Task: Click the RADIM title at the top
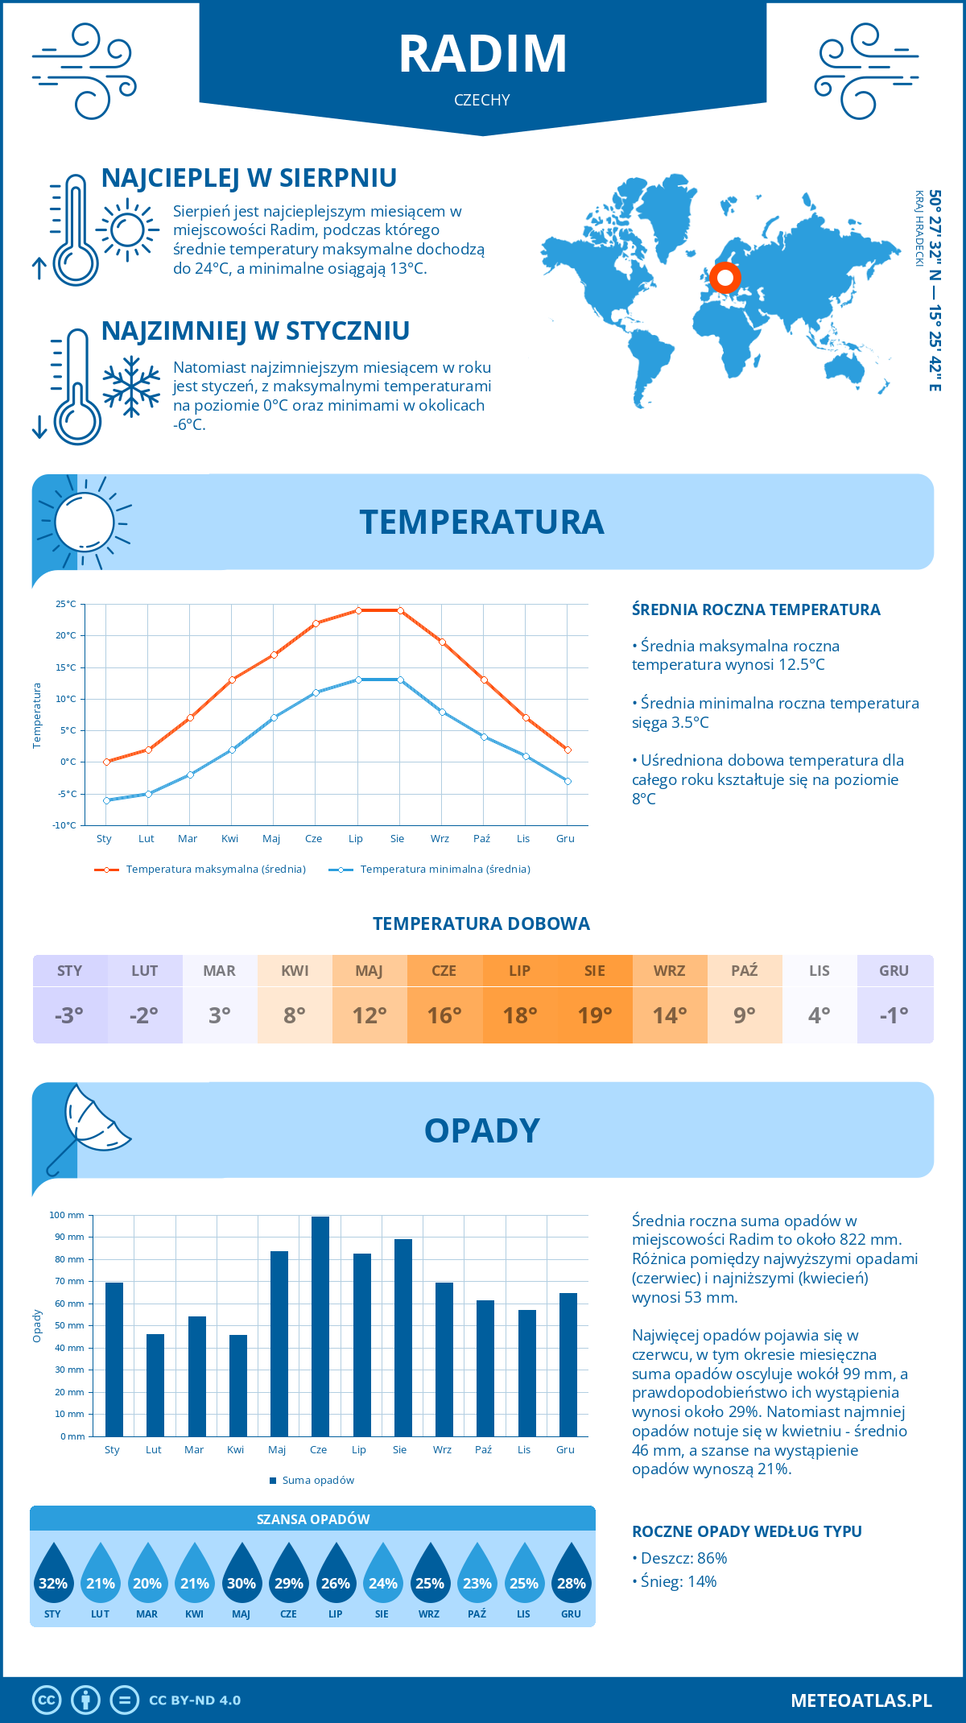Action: [x=483, y=54]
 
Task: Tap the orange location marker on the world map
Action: [x=724, y=278]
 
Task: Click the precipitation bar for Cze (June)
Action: [x=320, y=1326]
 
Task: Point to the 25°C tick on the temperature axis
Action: [x=66, y=604]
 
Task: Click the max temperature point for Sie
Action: [x=400, y=610]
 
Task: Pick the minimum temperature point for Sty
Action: [x=106, y=800]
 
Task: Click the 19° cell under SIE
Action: [x=595, y=1015]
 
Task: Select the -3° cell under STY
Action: [x=69, y=1015]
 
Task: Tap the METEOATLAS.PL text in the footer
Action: [x=861, y=1700]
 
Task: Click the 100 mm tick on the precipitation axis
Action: [x=67, y=1215]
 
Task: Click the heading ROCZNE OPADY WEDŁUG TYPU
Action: [x=746, y=1531]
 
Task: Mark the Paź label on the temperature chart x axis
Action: [x=481, y=838]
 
